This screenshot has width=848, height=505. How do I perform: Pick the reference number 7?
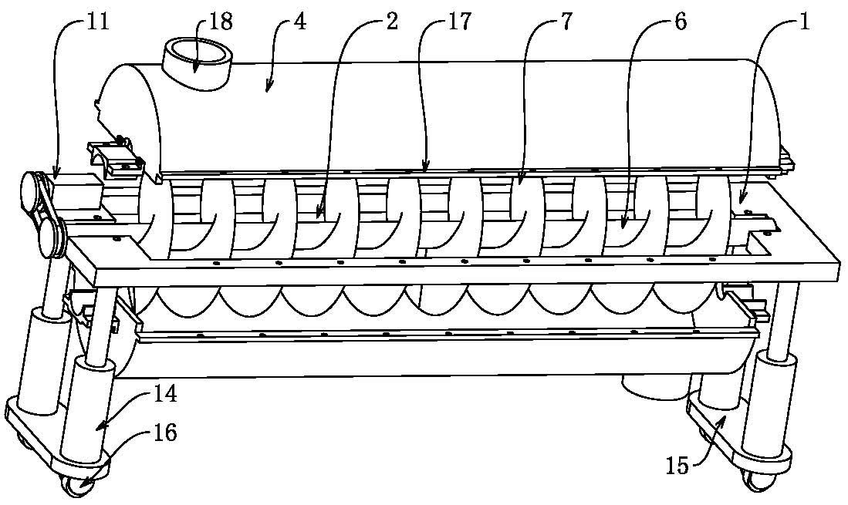click(x=566, y=21)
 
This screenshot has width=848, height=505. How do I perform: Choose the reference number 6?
click(x=679, y=21)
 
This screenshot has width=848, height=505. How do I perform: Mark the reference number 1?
click(x=803, y=21)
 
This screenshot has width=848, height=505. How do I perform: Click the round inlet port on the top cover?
click(x=198, y=56)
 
